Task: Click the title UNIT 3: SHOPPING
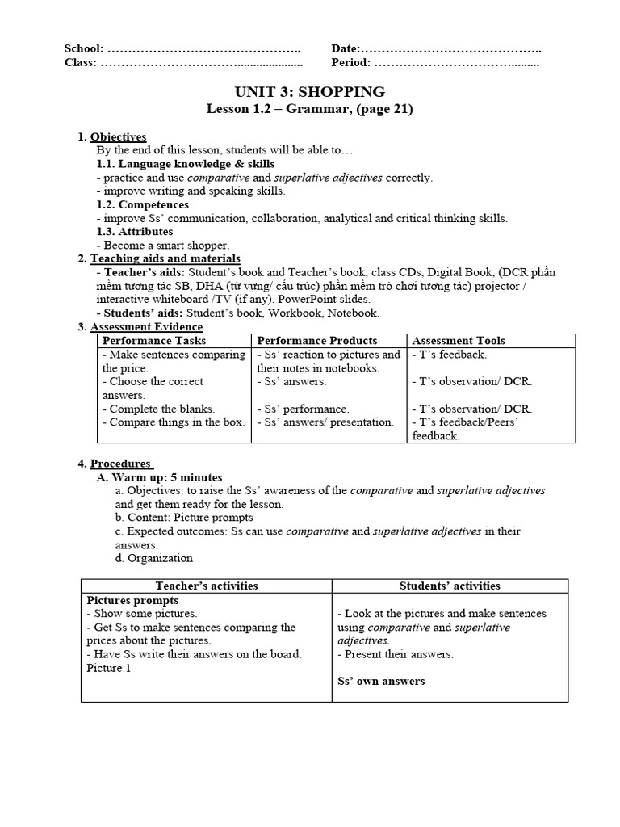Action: (x=309, y=91)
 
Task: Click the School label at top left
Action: (x=83, y=49)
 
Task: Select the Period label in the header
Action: (x=350, y=62)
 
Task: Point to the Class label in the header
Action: (x=80, y=62)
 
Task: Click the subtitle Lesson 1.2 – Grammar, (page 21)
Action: (x=309, y=109)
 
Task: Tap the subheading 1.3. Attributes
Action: (x=135, y=232)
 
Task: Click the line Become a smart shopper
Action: (x=165, y=245)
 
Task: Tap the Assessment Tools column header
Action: (x=459, y=341)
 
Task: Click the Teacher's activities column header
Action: (x=206, y=586)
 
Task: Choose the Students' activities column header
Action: (x=450, y=586)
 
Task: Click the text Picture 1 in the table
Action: (x=109, y=668)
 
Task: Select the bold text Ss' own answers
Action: (x=380, y=681)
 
